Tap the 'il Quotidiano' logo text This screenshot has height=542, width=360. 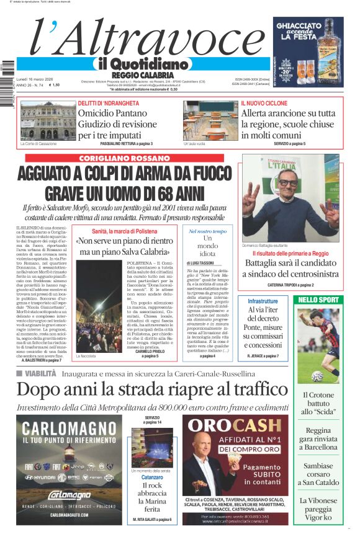pos(142,64)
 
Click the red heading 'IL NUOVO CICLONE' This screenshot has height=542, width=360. pos(264,103)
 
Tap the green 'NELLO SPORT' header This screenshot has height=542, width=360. pos(319,300)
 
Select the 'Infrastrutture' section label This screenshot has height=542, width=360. pos(263,301)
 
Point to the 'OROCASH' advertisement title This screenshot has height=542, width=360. pos(235,426)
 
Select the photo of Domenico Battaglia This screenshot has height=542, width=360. pos(290,198)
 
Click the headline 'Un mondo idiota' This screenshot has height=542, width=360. pos(208,246)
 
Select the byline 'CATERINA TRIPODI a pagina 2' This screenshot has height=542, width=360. pos(290,285)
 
